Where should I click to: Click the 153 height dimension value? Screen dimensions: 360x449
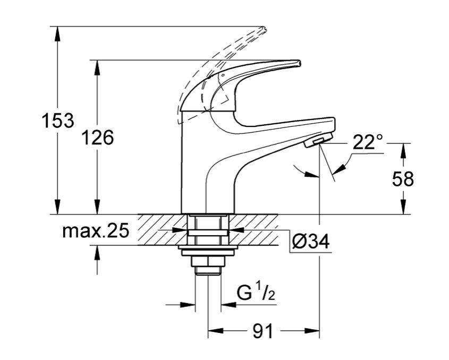coord(58,121)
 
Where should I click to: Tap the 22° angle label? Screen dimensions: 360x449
coord(367,142)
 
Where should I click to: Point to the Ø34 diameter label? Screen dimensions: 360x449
coord(311,242)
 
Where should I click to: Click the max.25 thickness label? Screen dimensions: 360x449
coord(96,231)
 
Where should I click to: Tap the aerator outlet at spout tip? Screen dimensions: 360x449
coord(317,141)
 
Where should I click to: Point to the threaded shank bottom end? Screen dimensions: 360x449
coord(207,272)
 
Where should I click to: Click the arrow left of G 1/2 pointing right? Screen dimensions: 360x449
coord(188,305)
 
